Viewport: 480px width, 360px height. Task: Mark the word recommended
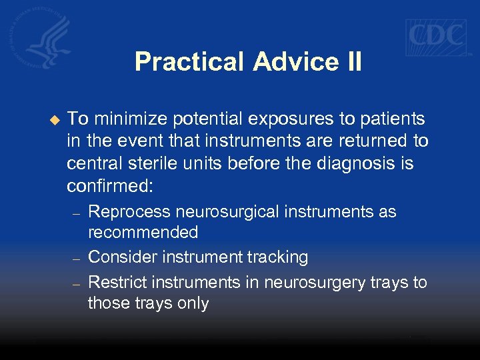[143, 232]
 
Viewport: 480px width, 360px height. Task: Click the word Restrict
[114, 282]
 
